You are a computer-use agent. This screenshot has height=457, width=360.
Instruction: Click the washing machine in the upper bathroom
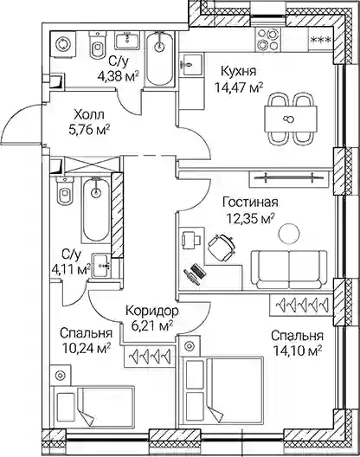pyautogui.click(x=63, y=44)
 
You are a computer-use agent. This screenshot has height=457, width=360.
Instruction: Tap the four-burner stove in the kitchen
pyautogui.click(x=268, y=39)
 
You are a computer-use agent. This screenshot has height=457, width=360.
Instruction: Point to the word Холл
pyautogui.click(x=89, y=115)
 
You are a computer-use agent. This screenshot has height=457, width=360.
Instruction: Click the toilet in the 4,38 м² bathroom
pyautogui.click(x=98, y=45)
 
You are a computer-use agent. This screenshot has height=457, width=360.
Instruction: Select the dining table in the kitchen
pyautogui.click(x=291, y=119)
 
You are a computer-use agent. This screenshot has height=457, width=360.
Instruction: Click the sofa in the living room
pyautogui.click(x=289, y=269)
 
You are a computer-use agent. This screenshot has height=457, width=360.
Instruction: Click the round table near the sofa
pyautogui.click(x=289, y=233)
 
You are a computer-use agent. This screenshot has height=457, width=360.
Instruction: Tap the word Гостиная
pyautogui.click(x=250, y=203)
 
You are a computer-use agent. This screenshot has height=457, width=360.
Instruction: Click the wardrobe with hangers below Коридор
pyautogui.click(x=150, y=356)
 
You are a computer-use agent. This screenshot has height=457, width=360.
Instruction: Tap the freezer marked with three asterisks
pyautogui.click(x=321, y=40)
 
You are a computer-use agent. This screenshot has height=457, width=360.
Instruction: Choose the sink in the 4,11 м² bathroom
pyautogui.click(x=101, y=265)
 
